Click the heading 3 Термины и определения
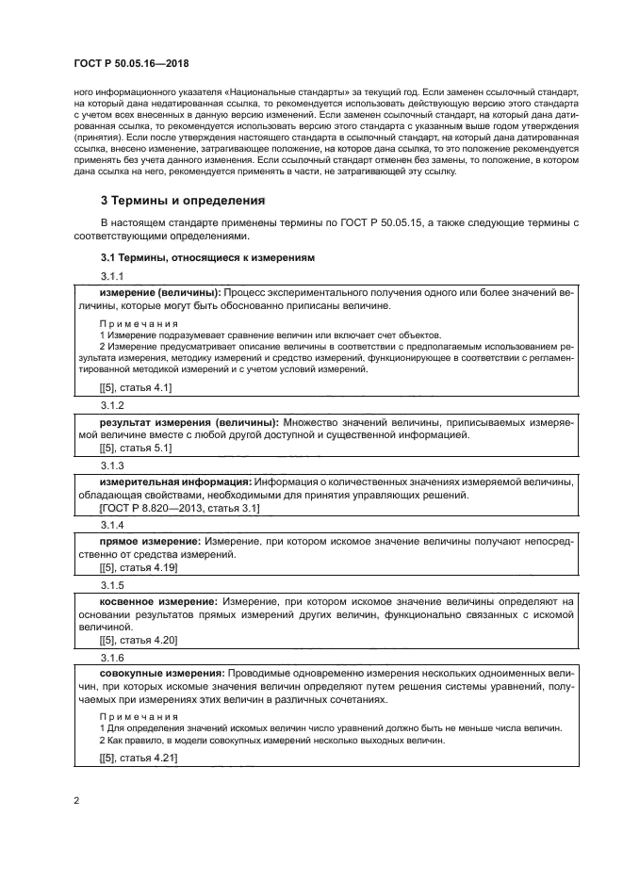(183, 201)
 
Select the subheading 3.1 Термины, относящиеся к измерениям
(207, 257)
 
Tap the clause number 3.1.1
(112, 275)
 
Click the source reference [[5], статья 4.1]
(136, 387)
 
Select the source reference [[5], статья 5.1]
(136, 449)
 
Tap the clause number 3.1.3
(112, 465)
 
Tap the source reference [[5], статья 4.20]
(139, 640)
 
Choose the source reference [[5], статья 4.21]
(139, 757)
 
